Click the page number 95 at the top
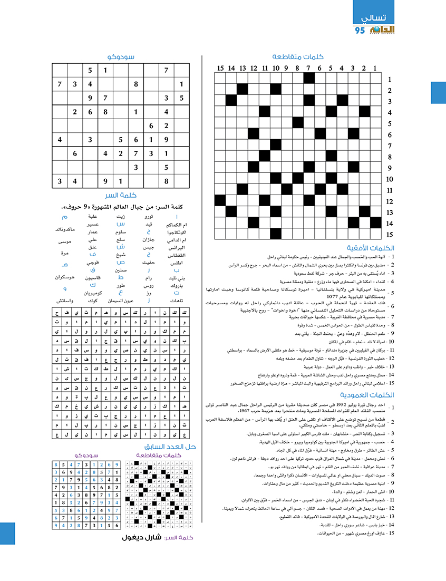[360, 31]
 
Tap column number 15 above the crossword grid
[220, 68]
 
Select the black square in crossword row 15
[276, 234]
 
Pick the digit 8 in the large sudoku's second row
[136, 84]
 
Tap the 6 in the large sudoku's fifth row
[151, 126]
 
